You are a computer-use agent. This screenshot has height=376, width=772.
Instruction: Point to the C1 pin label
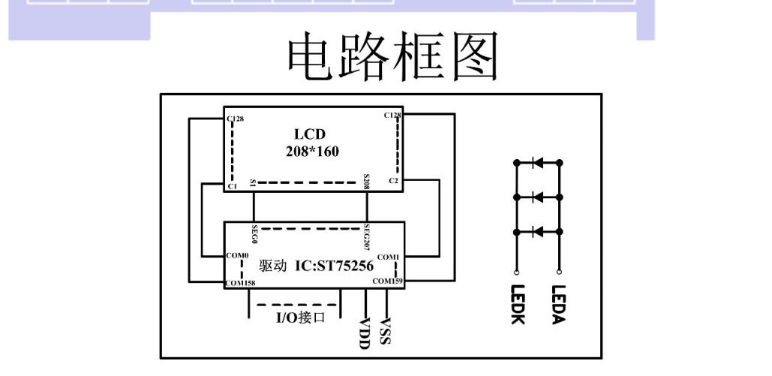point(233,185)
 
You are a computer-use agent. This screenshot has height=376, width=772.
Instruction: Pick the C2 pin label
point(394,181)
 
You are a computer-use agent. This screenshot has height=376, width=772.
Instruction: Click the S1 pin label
point(254,183)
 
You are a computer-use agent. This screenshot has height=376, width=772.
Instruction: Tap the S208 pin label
point(366,180)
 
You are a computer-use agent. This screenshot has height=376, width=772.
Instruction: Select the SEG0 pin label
point(255,234)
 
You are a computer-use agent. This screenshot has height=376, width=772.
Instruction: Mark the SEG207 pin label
point(367,236)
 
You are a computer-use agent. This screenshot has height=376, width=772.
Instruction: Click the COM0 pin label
point(237,256)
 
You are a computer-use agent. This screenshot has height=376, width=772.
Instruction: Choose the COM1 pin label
point(389,257)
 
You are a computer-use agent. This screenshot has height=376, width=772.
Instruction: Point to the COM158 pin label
point(240,283)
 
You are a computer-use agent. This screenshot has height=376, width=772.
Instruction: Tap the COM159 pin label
point(387,281)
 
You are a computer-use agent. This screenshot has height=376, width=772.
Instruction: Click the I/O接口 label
point(299,317)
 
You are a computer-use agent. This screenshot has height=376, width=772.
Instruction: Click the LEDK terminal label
point(516,305)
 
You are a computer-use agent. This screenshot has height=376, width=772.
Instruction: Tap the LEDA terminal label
point(558,304)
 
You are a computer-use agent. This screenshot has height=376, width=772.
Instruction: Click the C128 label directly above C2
point(392,115)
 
